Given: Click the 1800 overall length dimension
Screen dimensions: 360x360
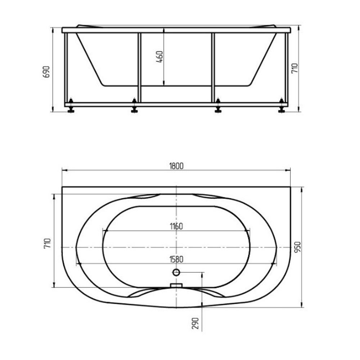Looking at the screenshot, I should [176, 166].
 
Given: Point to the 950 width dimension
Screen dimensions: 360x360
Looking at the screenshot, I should [297, 247].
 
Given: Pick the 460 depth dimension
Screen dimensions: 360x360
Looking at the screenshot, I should [160, 57].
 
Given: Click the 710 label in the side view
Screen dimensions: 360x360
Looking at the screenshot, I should [294, 69].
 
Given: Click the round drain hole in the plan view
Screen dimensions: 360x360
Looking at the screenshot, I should [176, 272].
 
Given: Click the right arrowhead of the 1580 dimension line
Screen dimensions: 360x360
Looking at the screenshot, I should [276, 263].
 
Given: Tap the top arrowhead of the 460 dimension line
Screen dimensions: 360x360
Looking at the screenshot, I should [164, 30].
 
